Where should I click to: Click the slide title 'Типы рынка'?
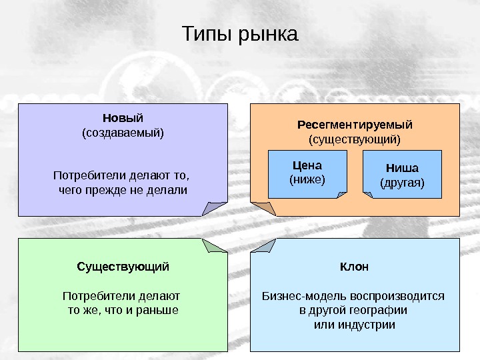(240, 33)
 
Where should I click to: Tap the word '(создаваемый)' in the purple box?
(123, 133)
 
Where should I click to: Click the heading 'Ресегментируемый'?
(355, 125)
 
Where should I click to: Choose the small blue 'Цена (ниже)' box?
(307, 173)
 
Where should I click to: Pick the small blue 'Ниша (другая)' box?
(402, 175)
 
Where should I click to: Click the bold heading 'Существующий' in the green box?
(123, 267)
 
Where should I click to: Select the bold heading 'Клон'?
(355, 267)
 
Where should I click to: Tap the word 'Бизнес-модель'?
(295, 295)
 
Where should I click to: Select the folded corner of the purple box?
(215, 208)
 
